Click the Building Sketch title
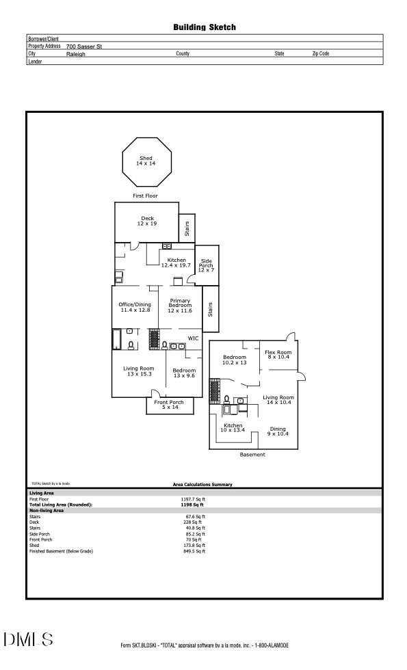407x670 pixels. pos(204,27)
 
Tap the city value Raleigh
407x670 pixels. pos(76,53)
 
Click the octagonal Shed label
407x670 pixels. pos(146,161)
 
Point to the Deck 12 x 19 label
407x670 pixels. pos(147,221)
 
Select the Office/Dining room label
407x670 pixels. pos(135,307)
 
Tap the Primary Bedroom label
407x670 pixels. pos(181,306)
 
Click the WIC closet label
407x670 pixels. pos(194,338)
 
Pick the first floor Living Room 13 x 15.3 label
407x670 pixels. pos(137,371)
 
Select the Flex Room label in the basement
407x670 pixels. pos(278,354)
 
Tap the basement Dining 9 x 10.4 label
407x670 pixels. pos(278,431)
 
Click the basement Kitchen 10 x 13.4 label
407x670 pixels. pos(233,428)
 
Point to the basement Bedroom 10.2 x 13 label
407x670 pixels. pos(235,360)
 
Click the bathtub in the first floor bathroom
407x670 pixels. pos(116,339)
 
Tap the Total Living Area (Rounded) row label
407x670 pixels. pos(61,505)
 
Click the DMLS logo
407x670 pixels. pos(28,640)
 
